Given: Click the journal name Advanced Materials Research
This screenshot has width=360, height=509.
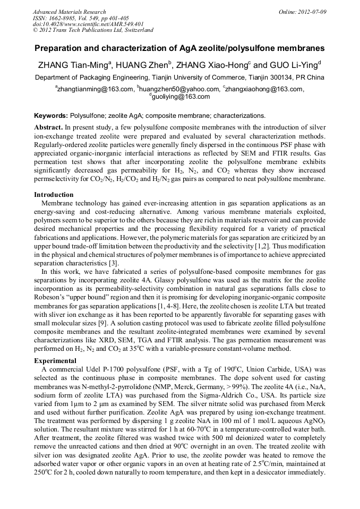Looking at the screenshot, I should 69,12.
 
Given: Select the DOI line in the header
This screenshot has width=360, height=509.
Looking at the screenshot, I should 88,24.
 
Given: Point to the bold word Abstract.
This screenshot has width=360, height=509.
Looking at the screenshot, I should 48,128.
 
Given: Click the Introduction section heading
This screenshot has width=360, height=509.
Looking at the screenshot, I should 54,195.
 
